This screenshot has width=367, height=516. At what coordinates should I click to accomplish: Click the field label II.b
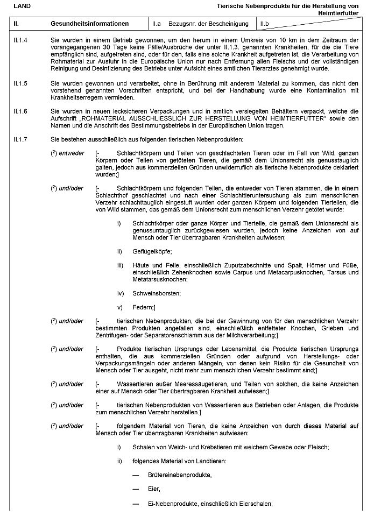265,24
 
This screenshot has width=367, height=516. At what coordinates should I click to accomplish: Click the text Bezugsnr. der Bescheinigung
208,24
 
